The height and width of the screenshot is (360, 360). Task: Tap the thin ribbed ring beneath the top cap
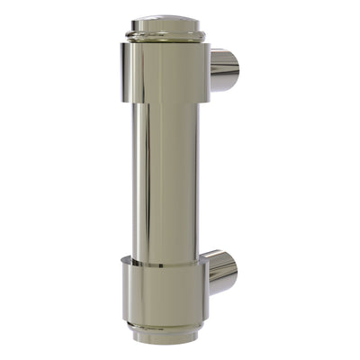click(165, 37)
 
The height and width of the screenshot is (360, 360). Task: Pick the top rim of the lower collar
click(163, 261)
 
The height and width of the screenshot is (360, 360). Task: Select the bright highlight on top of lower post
click(220, 258)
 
